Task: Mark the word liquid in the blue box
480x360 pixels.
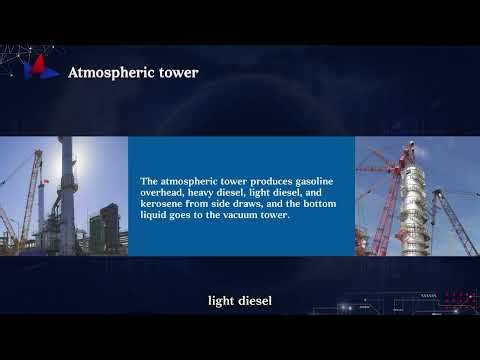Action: [x=156, y=215]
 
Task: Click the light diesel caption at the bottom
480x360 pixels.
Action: [x=240, y=300]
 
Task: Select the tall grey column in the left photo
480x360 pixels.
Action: [x=65, y=190]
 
